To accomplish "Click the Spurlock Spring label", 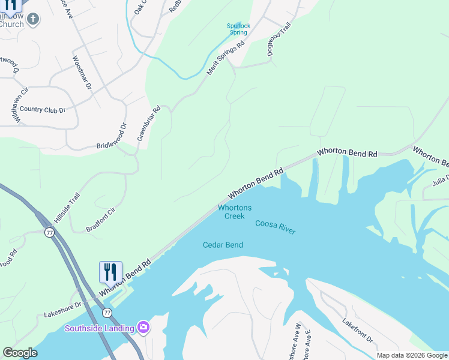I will pos(238,29).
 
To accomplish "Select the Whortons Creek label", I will pos(234,212).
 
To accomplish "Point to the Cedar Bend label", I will pos(223,245).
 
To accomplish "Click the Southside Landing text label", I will pos(99,328).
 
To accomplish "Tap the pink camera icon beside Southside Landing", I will pos(143,327).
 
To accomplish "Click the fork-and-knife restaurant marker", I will pos(110,272).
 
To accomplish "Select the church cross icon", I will pos(33,19).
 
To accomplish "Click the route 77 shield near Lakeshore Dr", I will pos(107,313).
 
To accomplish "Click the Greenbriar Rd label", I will pos(149,123).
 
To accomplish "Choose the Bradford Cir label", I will pos(100,220).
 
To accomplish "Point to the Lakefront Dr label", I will pos(358,331).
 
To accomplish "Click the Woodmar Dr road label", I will pos(82,73).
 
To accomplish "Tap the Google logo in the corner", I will pos(20,353).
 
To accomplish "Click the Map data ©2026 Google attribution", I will pos(411,355).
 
